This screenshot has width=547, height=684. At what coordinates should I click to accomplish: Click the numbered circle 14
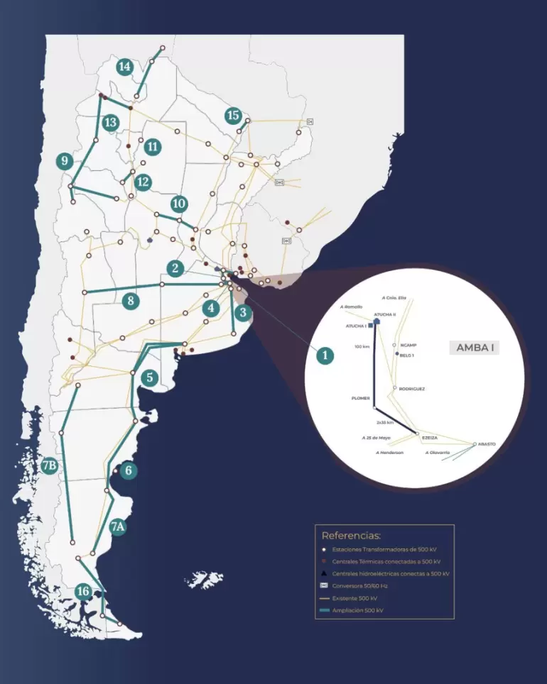click(125, 67)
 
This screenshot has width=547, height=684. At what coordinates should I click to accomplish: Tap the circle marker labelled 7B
click(49, 466)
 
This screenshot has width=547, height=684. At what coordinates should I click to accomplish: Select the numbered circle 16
click(84, 591)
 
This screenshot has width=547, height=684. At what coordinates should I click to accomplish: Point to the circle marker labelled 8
click(130, 301)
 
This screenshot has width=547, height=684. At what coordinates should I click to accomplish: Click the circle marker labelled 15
click(233, 115)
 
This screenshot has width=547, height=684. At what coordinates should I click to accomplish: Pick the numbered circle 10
click(179, 204)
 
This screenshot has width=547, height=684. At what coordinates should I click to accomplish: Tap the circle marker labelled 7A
click(118, 526)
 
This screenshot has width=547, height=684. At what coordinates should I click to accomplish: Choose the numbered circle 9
click(65, 161)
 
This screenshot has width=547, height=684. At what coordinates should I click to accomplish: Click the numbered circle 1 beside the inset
click(325, 355)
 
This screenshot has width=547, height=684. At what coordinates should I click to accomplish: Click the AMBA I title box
click(474, 348)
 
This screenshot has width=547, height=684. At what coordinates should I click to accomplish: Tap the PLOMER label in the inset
click(360, 398)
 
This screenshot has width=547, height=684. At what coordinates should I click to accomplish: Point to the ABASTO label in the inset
click(487, 444)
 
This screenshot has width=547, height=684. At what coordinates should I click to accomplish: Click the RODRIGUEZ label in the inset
click(412, 389)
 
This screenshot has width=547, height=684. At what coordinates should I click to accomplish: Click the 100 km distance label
click(362, 347)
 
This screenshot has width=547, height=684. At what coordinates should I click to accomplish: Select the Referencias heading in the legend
click(351, 536)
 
